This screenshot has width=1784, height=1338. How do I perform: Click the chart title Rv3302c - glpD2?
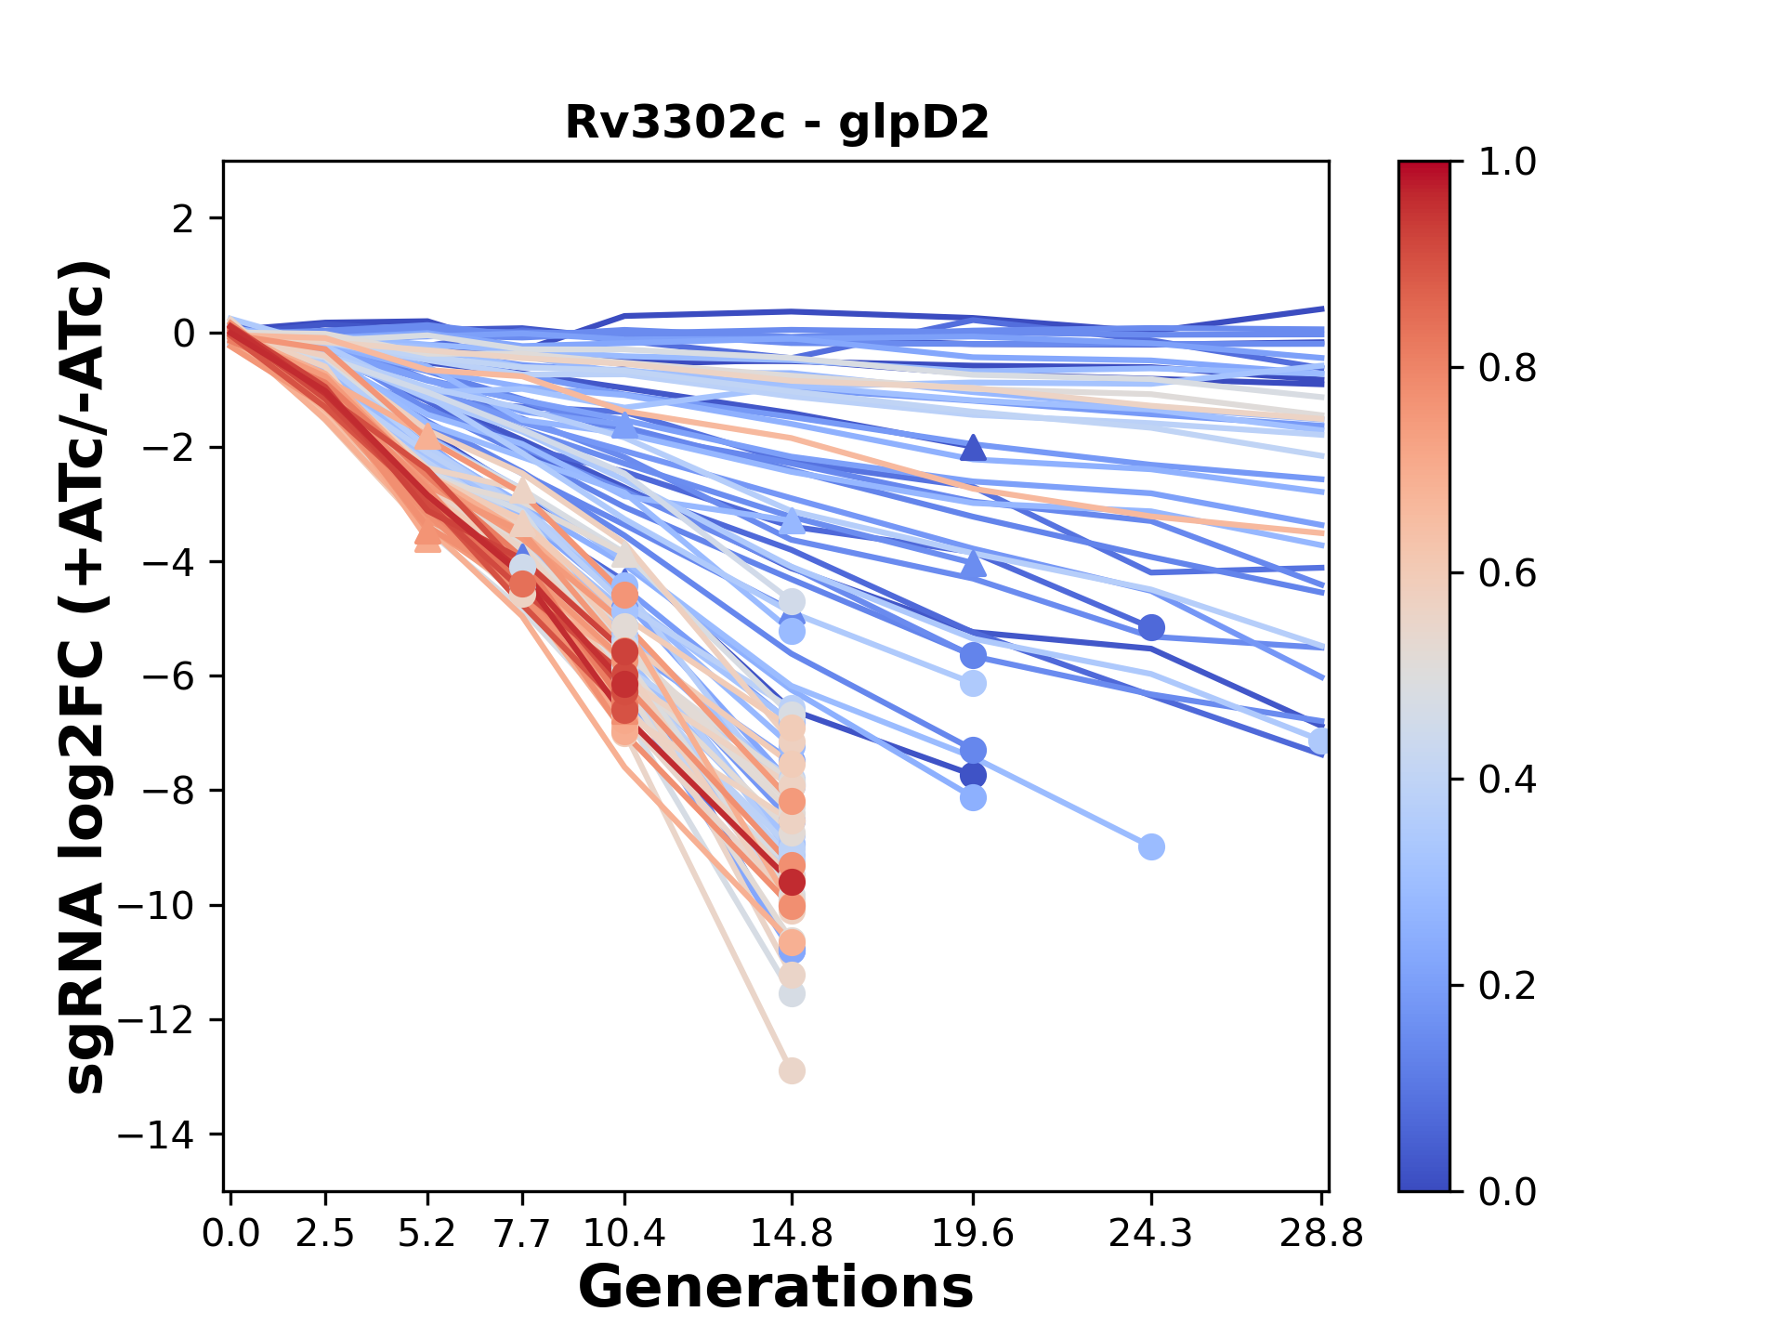pyautogui.click(x=777, y=123)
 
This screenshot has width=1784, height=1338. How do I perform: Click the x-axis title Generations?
pyautogui.click(x=776, y=1288)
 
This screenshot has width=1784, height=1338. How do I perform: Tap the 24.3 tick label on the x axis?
pyautogui.click(x=1151, y=1234)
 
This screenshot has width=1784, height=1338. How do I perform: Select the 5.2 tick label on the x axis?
pyautogui.click(x=426, y=1234)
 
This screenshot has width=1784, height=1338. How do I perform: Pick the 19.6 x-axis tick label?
pyautogui.click(x=973, y=1234)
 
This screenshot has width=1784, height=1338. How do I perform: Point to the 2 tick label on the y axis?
pyautogui.click(x=184, y=219)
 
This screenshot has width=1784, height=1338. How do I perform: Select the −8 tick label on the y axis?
pyautogui.click(x=165, y=792)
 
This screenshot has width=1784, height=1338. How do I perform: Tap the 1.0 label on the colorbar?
pyautogui.click(x=1507, y=163)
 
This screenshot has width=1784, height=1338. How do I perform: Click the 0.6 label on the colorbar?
pyautogui.click(x=1507, y=574)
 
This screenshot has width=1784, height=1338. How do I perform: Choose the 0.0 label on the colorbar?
pyautogui.click(x=1507, y=1191)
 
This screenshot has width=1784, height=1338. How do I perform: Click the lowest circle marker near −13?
pyautogui.click(x=792, y=1070)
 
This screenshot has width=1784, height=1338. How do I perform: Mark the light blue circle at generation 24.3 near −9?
pyautogui.click(x=1151, y=846)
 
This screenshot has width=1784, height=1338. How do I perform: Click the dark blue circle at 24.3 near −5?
pyautogui.click(x=1151, y=628)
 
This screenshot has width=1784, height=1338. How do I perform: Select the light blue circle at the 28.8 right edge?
pyautogui.click(x=1319, y=741)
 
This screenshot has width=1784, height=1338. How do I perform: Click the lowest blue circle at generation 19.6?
pyautogui.click(x=973, y=798)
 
